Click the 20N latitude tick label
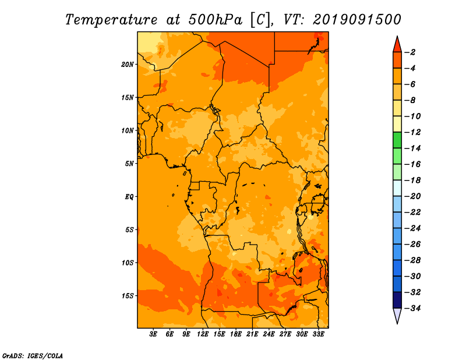pos(128,65)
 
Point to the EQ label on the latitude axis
pos(129,197)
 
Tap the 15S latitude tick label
pos(128,296)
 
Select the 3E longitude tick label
pos(153,334)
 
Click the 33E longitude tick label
pos(318,334)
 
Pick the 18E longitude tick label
pos(236,334)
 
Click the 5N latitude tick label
pos(129,164)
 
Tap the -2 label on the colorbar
pos(410,52)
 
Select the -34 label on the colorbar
pos(413,308)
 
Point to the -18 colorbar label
pos(413,181)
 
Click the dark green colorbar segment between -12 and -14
pos(397,140)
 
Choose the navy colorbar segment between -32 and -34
pos(397,300)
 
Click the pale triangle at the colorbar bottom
pos(397,315)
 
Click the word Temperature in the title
pos(111,20)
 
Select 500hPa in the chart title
pos(215,20)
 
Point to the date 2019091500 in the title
pos(357,20)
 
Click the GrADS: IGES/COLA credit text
pos(33,356)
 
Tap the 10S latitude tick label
pos(128,263)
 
